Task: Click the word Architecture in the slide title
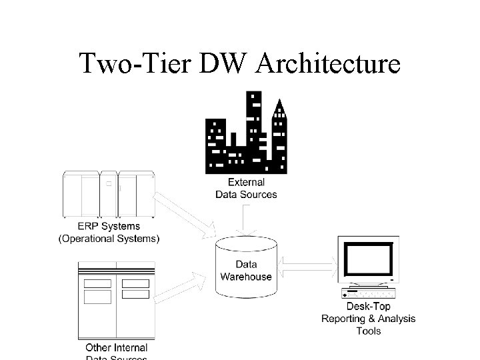[328, 64]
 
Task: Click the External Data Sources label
[246, 188]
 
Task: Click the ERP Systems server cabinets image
[109, 194]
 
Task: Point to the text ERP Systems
[109, 227]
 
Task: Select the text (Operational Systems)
[109, 239]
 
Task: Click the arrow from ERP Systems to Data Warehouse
[184, 215]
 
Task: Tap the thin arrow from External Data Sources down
[246, 219]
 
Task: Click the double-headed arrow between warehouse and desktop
[307, 267]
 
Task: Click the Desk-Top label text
[368, 307]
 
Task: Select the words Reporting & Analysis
[368, 319]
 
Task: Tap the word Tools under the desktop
[368, 331]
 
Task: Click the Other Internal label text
[117, 347]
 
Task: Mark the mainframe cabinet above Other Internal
[117, 300]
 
